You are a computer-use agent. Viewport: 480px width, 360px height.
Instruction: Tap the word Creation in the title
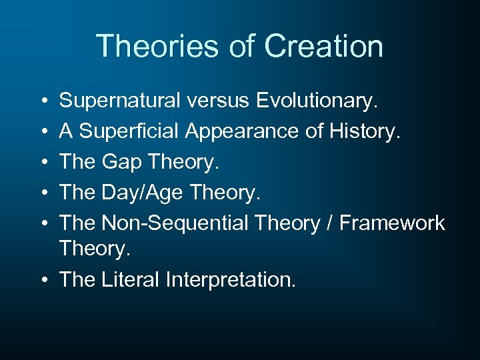[x=323, y=47]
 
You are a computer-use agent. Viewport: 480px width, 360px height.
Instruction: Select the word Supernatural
[x=119, y=101]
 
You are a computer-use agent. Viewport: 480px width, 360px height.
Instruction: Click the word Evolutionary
[x=316, y=101]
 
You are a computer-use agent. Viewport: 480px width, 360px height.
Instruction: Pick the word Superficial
[x=128, y=131]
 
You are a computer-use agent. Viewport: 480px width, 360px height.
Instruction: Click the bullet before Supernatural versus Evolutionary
[x=43, y=101]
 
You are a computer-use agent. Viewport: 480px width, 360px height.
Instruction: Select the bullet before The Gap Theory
[x=43, y=161]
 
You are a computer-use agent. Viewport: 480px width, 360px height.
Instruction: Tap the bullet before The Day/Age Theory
[x=43, y=191]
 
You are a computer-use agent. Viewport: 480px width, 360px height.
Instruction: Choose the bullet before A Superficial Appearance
[x=43, y=131]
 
